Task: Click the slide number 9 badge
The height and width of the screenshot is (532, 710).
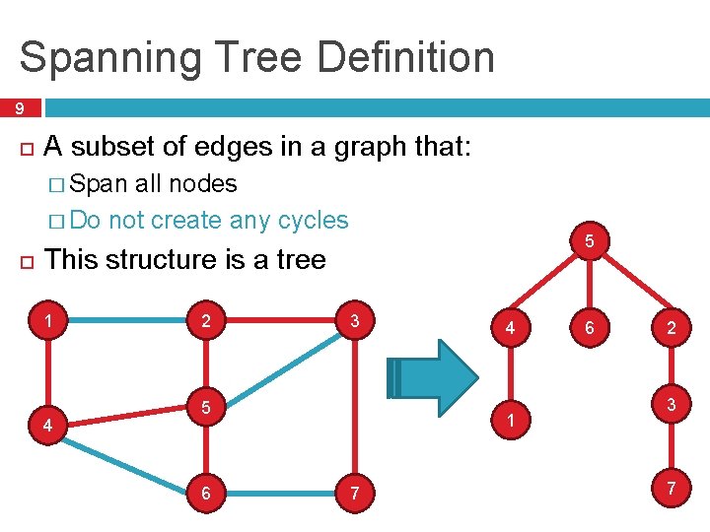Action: (x=19, y=108)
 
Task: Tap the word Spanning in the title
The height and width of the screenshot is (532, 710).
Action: (x=110, y=57)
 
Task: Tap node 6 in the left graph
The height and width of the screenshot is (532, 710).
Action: (x=205, y=492)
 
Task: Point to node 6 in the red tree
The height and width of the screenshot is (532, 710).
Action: (x=589, y=328)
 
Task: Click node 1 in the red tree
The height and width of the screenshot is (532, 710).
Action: (x=510, y=419)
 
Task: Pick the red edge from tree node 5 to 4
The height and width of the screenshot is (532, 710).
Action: (x=540, y=286)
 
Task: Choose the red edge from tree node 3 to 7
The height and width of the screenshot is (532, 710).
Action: (x=671, y=447)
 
